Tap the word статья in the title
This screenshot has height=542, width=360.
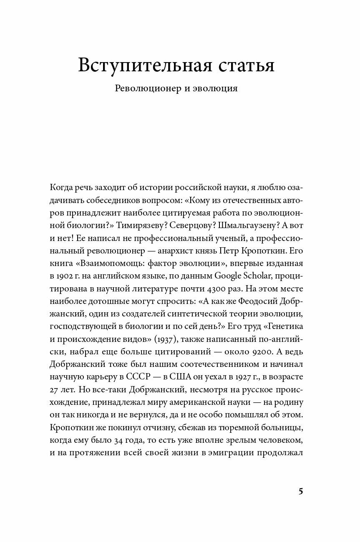pos(242,65)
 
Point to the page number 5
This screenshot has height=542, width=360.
pos(300,491)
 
